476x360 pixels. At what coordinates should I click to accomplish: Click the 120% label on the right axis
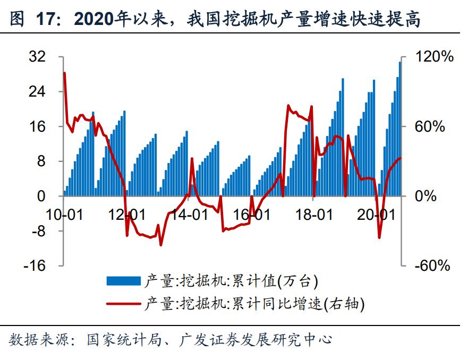tap(434, 57)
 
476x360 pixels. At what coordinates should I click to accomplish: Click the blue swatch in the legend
tap(124, 281)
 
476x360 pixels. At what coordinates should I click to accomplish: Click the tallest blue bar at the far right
tap(400, 127)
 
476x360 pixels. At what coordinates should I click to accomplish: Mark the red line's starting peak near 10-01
tap(64, 73)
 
